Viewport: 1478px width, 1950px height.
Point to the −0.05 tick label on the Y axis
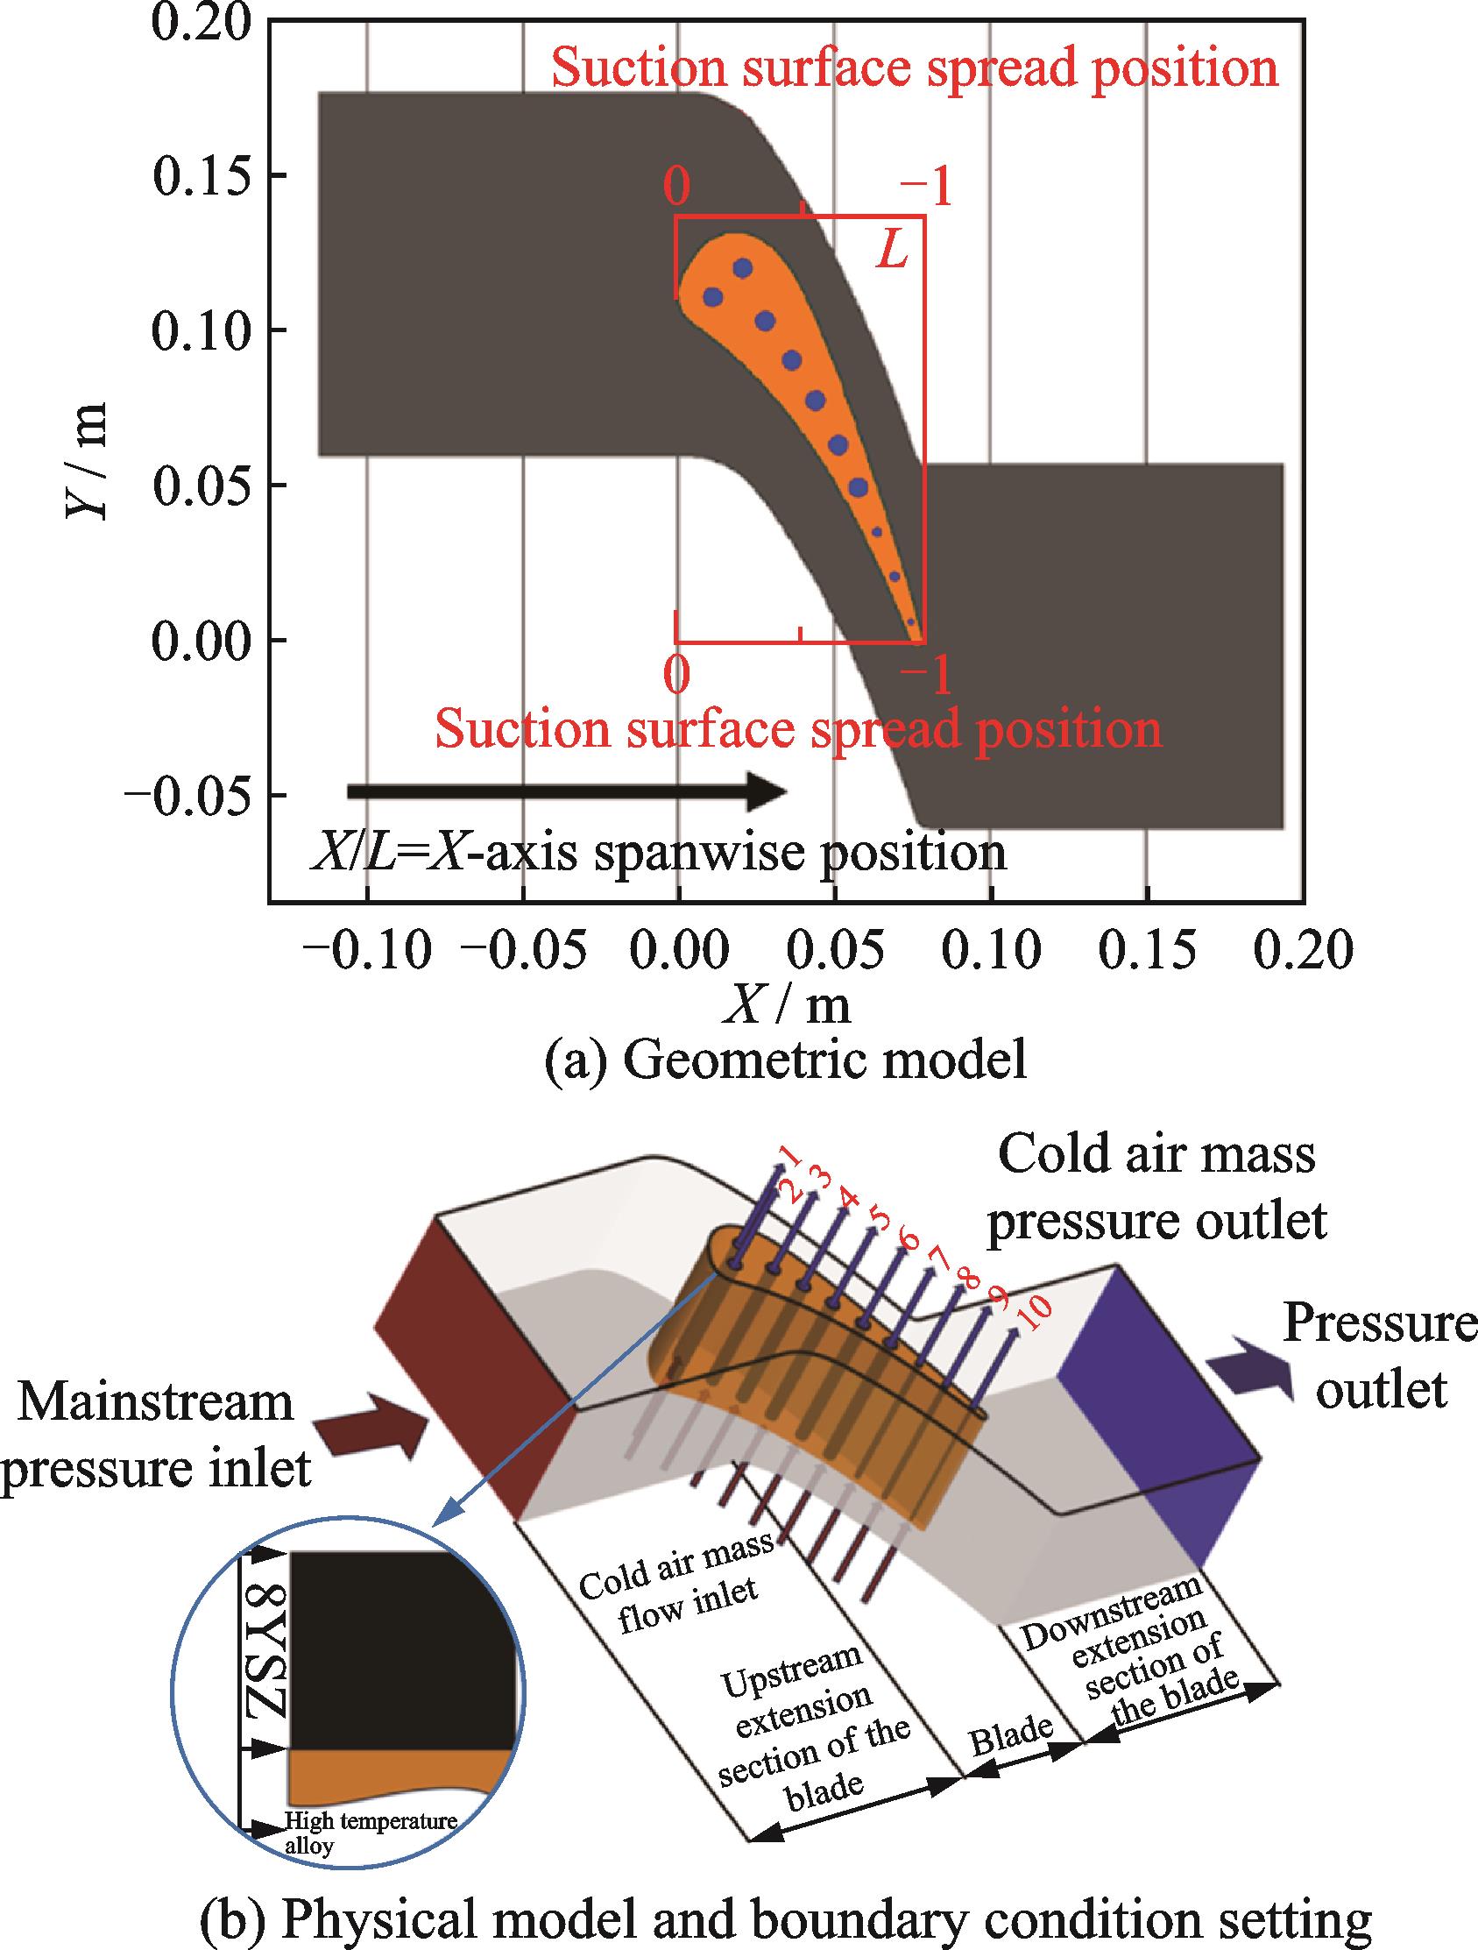187,796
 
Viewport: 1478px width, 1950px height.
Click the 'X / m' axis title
786,1006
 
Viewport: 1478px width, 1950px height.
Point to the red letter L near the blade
892,253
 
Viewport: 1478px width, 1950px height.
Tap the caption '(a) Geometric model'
786,1060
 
